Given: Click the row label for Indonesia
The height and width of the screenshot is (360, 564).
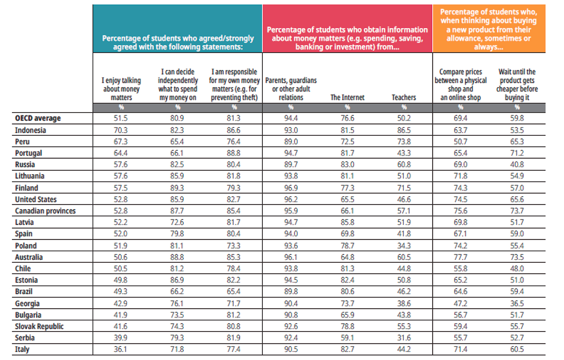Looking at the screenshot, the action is click(x=30, y=130).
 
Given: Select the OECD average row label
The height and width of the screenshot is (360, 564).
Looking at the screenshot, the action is click(x=38, y=118).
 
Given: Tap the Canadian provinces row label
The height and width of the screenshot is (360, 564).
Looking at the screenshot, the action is click(x=45, y=211).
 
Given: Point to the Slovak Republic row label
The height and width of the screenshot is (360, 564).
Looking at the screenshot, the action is click(x=39, y=327).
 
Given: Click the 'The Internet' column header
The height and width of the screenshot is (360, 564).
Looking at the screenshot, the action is click(x=347, y=97).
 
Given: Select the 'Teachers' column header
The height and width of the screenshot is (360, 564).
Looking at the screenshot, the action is click(x=404, y=97).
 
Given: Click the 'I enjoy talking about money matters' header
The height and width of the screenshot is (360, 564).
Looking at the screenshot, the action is click(x=121, y=89).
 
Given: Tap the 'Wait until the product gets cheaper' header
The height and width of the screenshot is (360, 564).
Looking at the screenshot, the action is click(x=517, y=85).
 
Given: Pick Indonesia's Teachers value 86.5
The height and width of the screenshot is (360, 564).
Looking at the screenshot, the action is click(x=404, y=130).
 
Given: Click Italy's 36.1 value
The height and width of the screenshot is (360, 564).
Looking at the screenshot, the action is click(x=120, y=349).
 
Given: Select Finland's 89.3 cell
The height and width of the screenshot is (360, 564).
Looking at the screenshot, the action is click(x=177, y=188).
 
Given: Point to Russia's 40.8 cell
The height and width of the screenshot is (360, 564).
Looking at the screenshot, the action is click(x=517, y=164).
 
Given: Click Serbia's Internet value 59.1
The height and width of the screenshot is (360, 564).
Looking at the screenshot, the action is click(x=347, y=337).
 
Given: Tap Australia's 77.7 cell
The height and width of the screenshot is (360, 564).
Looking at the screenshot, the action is click(x=461, y=257).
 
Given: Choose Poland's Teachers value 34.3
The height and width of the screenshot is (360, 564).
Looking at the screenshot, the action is click(x=404, y=246).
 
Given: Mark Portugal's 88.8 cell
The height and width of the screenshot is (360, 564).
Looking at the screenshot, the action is click(x=233, y=153).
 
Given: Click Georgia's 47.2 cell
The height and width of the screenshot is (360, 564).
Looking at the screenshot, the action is click(x=461, y=304).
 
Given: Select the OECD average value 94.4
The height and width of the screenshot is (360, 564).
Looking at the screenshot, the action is click(x=291, y=118).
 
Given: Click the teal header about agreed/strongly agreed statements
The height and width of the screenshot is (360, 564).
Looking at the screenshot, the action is click(x=178, y=29).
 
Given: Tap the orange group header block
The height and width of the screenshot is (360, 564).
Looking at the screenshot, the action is click(x=489, y=29).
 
